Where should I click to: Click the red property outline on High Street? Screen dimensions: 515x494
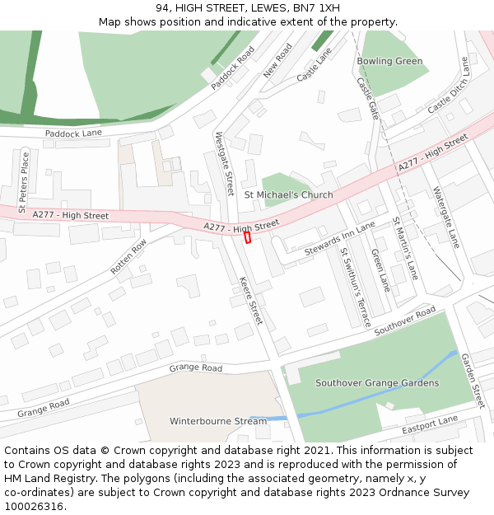pyautogui.click(x=247, y=237)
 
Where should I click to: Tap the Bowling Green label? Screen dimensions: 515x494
pyautogui.click(x=389, y=61)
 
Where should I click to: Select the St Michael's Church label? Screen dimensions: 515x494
pyautogui.click(x=288, y=195)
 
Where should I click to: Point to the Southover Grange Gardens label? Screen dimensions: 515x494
pyautogui.click(x=377, y=383)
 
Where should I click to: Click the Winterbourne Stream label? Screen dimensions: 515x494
pyautogui.click(x=218, y=421)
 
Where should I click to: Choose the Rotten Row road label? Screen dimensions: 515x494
pyautogui.click(x=128, y=256)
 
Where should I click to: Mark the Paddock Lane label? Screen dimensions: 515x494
pyautogui.click(x=73, y=133)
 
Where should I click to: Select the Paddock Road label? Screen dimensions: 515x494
pyautogui.click(x=233, y=68)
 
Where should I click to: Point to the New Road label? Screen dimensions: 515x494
pyautogui.click(x=277, y=61)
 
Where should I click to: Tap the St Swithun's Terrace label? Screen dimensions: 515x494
pyautogui.click(x=356, y=288)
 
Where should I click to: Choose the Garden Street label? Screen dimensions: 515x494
pyautogui.click(x=472, y=380)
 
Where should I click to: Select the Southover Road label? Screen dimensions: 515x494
pyautogui.click(x=404, y=320)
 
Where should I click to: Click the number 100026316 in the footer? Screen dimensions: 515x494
pyautogui.click(x=35, y=506)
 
